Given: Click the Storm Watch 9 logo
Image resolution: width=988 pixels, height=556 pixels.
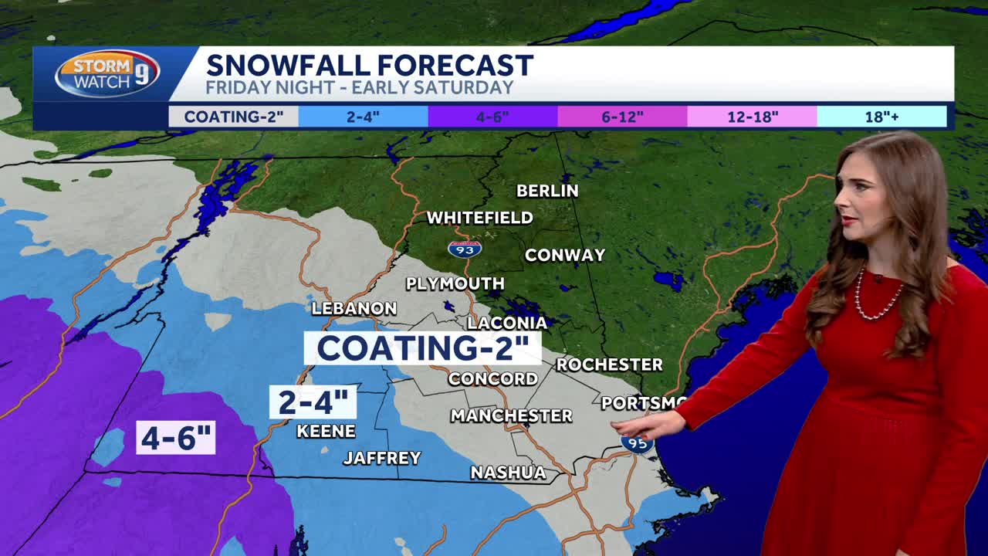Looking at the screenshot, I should pos(107,73).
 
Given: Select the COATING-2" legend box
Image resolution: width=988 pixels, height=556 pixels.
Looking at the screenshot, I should pos(234,117).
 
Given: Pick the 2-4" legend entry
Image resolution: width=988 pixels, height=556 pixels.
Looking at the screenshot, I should pos(364,117).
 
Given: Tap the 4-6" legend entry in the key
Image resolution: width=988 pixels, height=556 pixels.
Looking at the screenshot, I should pos(493,117).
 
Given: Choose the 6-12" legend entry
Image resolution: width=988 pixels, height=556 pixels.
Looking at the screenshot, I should pos(622,117).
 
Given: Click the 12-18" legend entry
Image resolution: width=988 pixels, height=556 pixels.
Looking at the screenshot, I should pos(753,117).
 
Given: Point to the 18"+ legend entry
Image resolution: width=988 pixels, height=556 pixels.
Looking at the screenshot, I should pos(881,117).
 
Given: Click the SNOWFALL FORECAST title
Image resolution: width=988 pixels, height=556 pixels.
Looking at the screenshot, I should pos(370,65).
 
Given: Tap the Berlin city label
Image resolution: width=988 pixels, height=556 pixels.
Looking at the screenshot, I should pos(547,191).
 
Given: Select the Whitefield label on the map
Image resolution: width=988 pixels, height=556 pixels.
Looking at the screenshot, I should pos(480,218).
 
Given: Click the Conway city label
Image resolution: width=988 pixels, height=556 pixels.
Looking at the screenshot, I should pos(565,255).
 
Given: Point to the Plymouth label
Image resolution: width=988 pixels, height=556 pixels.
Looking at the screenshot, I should pos(455,284).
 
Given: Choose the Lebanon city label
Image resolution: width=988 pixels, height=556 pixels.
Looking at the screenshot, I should pos(354,309).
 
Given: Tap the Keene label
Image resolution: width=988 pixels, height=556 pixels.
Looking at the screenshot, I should pos(327,431).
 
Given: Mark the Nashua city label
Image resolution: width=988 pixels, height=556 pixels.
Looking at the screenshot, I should pos(508,472).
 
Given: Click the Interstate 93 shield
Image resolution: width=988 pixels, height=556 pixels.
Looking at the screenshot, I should pos(465,249).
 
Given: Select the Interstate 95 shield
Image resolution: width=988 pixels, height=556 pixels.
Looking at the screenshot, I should pos(638,443).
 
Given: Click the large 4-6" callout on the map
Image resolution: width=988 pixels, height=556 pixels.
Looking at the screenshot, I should pos(176,438).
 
